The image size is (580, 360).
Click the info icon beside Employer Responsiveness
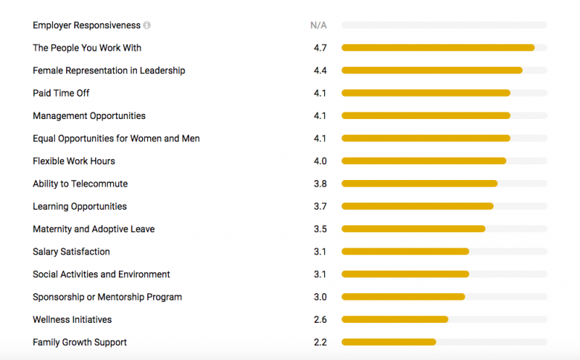tap(147, 25)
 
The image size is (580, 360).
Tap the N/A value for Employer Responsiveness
tap(318, 25)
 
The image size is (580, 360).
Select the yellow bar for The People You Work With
tap(437, 48)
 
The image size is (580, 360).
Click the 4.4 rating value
tap(320, 71)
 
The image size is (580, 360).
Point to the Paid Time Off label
tap(61, 93)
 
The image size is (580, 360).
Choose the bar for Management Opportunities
tap(425, 116)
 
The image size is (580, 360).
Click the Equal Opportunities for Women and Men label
tap(116, 138)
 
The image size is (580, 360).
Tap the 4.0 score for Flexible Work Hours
tap(320, 161)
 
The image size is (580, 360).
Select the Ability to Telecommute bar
tap(419, 184)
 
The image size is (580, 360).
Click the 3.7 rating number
tap(320, 207)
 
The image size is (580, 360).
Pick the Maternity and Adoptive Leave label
tap(94, 229)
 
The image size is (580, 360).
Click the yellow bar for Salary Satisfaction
tap(405, 252)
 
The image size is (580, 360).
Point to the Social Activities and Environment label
tap(101, 274)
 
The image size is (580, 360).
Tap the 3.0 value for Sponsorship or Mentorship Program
tap(320, 298)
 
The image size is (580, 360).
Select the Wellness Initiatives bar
tap(395, 320)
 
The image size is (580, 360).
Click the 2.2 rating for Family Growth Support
tap(320, 343)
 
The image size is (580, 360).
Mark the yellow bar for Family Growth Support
tap(388, 343)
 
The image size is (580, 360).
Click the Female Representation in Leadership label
tap(109, 71)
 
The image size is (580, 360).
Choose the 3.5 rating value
tap(320, 229)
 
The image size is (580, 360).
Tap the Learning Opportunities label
tap(80, 207)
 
